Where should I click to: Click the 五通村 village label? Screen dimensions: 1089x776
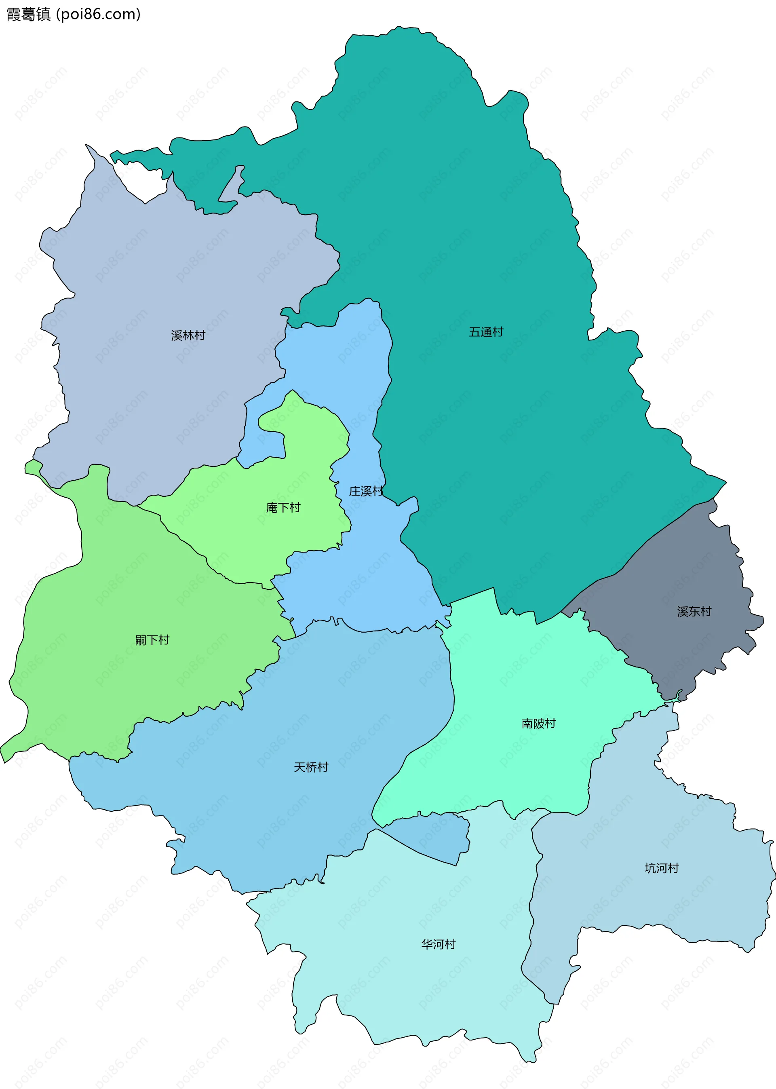click(485, 332)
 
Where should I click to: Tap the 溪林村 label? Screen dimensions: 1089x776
click(188, 336)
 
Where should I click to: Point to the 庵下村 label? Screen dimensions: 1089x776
click(283, 507)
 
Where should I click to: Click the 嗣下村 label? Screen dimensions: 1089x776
click(152, 640)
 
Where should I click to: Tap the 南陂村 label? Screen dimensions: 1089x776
click(538, 724)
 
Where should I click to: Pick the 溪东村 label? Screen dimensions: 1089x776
click(694, 611)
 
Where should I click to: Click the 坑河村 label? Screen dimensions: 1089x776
click(661, 868)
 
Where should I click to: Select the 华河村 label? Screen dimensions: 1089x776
click(438, 944)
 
